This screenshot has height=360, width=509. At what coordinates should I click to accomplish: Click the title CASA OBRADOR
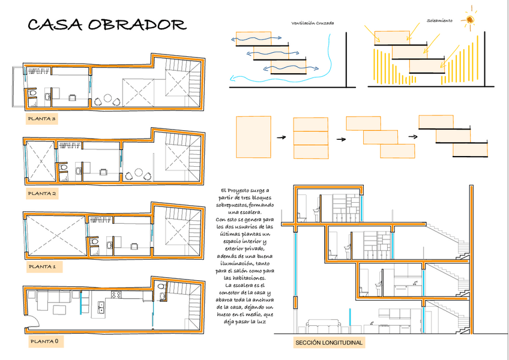tap(107, 25)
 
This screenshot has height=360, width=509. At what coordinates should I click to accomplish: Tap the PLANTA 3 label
tap(42, 119)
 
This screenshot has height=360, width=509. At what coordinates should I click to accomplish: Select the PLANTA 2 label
tap(42, 194)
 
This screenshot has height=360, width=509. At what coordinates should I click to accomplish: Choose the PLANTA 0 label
tap(44, 342)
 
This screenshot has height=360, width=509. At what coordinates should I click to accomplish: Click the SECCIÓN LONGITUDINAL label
tap(328, 343)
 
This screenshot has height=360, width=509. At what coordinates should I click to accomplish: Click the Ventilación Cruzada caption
tap(312, 23)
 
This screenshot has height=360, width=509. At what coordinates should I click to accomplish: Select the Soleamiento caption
tap(440, 20)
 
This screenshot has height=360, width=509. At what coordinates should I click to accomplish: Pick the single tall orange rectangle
tap(254, 137)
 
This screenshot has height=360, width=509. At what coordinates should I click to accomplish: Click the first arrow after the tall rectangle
tap(280, 138)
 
